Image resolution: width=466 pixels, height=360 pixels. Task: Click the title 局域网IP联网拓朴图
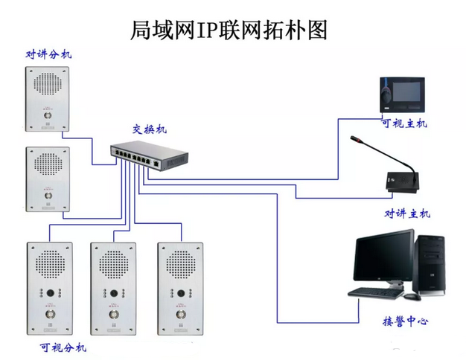(x=229, y=30)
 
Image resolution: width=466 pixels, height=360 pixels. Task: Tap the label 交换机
(x=150, y=129)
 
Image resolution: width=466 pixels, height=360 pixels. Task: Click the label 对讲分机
(x=48, y=54)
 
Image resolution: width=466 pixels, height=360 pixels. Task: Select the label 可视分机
(x=63, y=347)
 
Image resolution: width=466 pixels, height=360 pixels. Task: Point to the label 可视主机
(x=404, y=123)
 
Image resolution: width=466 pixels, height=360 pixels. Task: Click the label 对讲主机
(x=407, y=213)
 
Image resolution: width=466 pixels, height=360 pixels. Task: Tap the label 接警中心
(x=406, y=321)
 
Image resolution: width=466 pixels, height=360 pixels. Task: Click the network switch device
(x=149, y=156)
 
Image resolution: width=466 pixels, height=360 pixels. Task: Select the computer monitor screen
(x=383, y=256)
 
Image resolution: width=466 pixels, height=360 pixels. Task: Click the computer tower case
(x=429, y=266)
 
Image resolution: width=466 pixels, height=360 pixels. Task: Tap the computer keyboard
(x=376, y=292)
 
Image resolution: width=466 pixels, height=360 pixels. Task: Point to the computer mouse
(x=412, y=296)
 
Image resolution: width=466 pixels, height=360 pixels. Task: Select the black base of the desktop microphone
(x=403, y=181)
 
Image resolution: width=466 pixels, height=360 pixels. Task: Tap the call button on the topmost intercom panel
(x=48, y=115)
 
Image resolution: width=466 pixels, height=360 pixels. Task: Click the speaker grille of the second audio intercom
(x=48, y=164)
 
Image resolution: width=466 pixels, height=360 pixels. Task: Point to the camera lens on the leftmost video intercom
(x=50, y=293)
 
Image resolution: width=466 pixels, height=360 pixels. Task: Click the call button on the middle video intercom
(x=114, y=314)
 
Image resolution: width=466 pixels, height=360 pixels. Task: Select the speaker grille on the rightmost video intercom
(x=181, y=264)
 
